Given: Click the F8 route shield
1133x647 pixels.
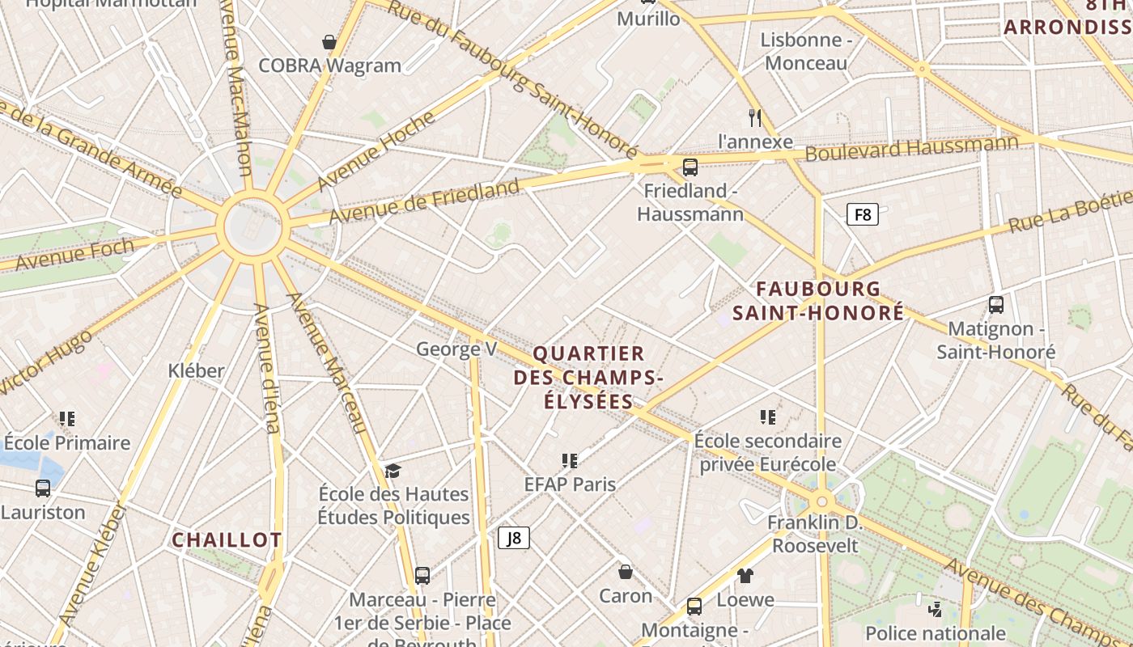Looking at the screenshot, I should coord(862,214).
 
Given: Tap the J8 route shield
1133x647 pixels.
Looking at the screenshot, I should coord(514,538).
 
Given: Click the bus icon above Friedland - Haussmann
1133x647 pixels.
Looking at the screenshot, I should coord(690,167).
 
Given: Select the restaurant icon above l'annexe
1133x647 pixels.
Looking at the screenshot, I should coord(755,118).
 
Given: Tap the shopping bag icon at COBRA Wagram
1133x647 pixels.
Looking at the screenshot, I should coord(329,42).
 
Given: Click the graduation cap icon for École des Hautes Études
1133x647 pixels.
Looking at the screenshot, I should coord(393,471).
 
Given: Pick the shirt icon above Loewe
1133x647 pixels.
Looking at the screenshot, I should coord(745,576).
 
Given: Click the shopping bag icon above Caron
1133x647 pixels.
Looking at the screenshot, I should coord(626,573).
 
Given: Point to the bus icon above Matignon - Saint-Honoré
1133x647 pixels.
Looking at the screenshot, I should coord(996,305).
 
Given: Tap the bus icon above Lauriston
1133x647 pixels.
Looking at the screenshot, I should coord(43,488).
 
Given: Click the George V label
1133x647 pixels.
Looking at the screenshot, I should coord(456,349).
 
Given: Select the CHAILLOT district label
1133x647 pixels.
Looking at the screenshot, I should coord(227,539).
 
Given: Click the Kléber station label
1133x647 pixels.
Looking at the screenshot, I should coord(196,370).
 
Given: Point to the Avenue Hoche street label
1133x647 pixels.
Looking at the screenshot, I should coord(376,150).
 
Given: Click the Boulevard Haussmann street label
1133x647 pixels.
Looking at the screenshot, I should coord(912,149).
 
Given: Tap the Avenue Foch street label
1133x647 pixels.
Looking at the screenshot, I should coord(74,255).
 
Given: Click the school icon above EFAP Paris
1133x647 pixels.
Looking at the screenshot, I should coord(570,461).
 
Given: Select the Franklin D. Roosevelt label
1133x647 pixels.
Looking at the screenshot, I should coord(815,534).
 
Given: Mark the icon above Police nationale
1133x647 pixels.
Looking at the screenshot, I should coord(936,609).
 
